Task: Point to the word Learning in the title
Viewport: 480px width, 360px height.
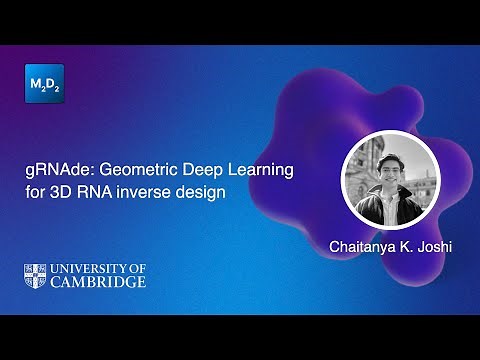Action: tap(262, 171)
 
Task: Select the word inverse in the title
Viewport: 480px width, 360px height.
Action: tap(146, 192)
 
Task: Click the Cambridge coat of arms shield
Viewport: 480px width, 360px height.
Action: tap(38, 275)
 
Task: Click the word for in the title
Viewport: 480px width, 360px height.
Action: tap(35, 192)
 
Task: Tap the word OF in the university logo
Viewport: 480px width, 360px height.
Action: tap(137, 268)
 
